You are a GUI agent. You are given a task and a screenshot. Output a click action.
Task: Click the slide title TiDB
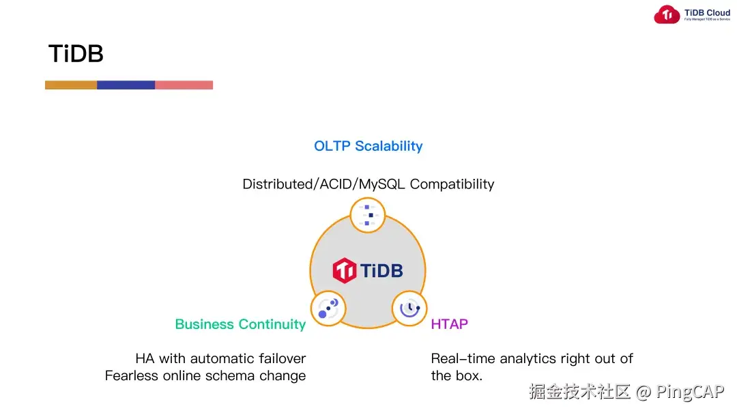[76, 54]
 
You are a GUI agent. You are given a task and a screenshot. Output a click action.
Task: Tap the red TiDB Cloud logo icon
[667, 15]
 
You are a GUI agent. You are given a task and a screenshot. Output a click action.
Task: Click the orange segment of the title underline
[71, 85]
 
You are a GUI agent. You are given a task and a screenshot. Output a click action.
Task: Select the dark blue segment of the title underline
[126, 85]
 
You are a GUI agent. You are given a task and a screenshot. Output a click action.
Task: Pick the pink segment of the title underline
[184, 85]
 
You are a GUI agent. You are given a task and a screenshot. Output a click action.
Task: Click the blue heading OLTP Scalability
[368, 146]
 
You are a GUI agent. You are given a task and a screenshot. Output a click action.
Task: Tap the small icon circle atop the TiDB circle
[368, 215]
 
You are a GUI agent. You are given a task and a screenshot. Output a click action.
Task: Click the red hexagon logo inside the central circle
[345, 270]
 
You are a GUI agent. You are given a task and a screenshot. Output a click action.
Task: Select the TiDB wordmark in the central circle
[381, 270]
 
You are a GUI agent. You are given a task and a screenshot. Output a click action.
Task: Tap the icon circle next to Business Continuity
[328, 309]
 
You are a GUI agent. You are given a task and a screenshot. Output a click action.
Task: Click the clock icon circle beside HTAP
[409, 309]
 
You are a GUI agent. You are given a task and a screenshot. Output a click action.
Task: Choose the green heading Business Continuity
[240, 324]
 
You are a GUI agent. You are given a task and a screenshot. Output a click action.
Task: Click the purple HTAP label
[449, 324]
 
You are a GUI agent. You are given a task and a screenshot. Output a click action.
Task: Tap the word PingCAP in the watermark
[690, 392]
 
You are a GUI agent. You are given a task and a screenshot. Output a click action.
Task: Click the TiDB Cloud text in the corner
[707, 12]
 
